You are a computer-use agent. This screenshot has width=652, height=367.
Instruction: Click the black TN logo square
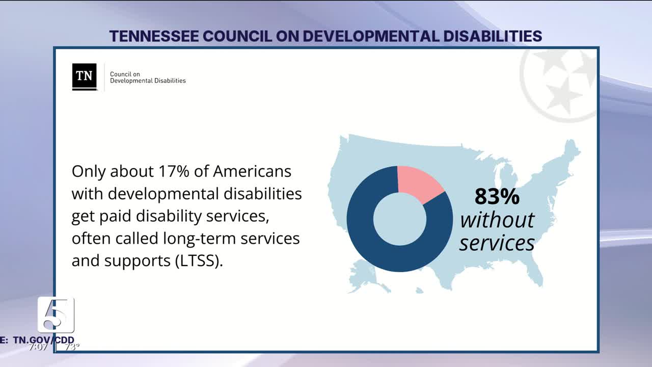[84, 76]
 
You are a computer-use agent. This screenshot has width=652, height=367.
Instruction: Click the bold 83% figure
[497, 196]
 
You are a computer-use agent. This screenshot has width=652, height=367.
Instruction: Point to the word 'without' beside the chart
[497, 220]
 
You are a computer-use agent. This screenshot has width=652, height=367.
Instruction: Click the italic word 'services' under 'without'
[497, 243]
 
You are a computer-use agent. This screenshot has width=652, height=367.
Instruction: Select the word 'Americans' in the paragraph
[252, 171]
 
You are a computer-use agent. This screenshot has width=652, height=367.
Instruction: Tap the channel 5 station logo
[56, 314]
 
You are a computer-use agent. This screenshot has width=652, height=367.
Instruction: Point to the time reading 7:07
[39, 347]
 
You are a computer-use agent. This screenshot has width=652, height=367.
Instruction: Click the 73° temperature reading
[72, 347]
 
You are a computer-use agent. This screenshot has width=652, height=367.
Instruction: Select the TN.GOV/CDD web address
[44, 340]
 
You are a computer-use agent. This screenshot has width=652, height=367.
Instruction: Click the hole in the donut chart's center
[400, 219]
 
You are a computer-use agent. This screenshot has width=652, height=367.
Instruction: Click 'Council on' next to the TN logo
[125, 74]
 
